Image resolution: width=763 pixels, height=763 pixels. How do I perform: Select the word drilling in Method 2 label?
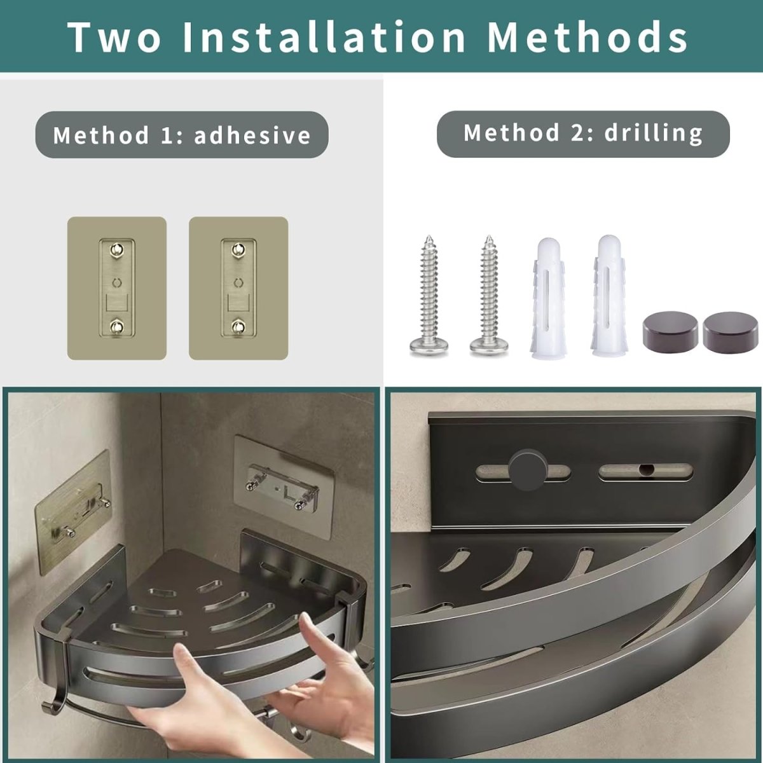[x=654, y=133]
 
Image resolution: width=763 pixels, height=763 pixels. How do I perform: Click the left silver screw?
[x=429, y=296]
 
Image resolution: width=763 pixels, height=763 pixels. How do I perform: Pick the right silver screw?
[x=490, y=296]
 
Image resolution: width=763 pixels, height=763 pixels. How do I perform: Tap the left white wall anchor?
[x=549, y=298]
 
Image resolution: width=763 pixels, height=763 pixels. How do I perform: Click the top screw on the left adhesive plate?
[x=117, y=249]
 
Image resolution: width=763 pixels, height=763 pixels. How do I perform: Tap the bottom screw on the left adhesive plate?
[x=117, y=326]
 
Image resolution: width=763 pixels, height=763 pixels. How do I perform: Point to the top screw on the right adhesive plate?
[x=238, y=249]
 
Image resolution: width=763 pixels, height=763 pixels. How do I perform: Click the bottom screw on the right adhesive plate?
[x=238, y=326]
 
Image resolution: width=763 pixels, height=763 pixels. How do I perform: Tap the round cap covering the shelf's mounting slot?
[x=528, y=470]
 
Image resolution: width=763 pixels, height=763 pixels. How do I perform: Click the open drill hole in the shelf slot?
[x=647, y=470]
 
